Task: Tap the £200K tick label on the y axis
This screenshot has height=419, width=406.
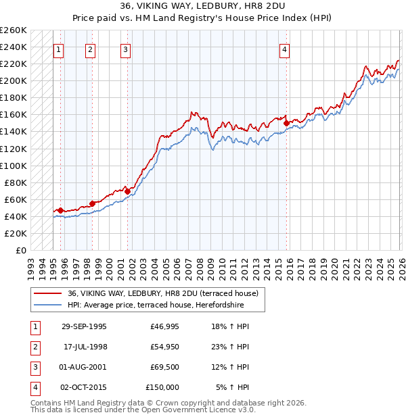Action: pyautogui.click(x=14, y=80)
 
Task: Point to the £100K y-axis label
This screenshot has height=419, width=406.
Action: pyautogui.click(x=14, y=166)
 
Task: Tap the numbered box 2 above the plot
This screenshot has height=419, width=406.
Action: pyautogui.click(x=91, y=49)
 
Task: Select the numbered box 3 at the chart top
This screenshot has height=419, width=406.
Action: pyautogui.click(x=126, y=49)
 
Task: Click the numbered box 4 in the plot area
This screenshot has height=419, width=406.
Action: pyautogui.click(x=285, y=49)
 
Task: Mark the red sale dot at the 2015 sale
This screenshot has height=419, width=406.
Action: pyautogui.click(x=286, y=123)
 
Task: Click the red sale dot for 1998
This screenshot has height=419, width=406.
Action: pyautogui.click(x=92, y=203)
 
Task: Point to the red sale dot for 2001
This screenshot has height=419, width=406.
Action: pyautogui.click(x=127, y=191)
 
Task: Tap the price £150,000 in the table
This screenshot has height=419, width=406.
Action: pyautogui.click(x=162, y=387)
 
